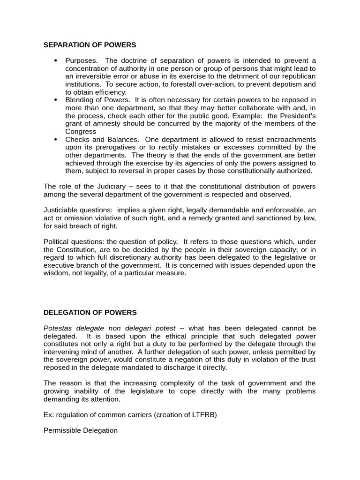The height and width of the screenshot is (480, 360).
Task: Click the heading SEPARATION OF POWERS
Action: point(90,45)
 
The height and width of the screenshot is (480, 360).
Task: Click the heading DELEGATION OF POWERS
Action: point(90,312)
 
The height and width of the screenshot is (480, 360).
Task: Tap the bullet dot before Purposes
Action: point(55,60)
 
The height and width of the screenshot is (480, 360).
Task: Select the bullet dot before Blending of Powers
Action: point(55,100)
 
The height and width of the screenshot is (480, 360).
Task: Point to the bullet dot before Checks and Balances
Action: point(55,139)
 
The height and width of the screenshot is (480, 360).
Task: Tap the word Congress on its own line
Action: point(81,132)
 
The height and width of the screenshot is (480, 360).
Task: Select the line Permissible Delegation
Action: point(81,430)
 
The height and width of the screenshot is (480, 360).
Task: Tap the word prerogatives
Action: point(107,148)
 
